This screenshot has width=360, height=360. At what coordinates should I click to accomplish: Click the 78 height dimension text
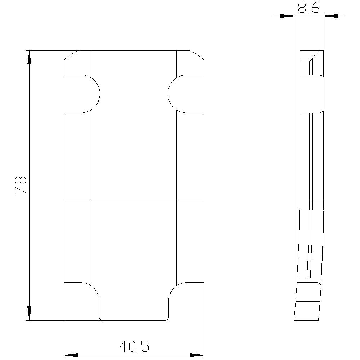(x=21, y=185)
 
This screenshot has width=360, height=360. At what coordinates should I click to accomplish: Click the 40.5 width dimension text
(x=134, y=347)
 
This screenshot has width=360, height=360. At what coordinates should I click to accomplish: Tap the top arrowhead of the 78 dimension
(x=29, y=58)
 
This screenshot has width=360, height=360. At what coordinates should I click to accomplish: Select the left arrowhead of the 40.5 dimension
(x=71, y=355)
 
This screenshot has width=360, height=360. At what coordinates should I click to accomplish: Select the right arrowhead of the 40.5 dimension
(x=197, y=355)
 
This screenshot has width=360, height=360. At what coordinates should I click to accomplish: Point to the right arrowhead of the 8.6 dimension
(x=331, y=16)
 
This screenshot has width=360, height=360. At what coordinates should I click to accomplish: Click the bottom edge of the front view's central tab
(x=134, y=320)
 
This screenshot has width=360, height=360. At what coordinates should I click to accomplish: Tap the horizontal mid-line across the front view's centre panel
(x=134, y=200)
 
